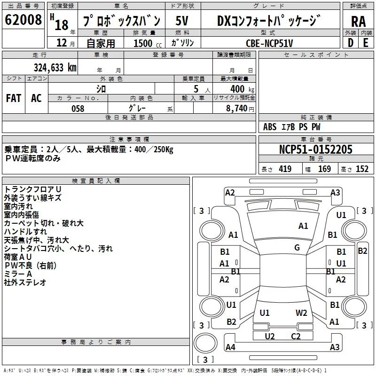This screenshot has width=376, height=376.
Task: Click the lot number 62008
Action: coord(23,20)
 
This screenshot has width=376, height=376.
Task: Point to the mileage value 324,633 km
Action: coord(55,67)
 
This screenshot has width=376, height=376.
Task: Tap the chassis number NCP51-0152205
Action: coord(315,149)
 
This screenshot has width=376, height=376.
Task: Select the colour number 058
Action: coord(78,109)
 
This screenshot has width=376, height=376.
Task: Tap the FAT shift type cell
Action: coord(13,98)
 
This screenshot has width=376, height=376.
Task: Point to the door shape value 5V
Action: coord(183,21)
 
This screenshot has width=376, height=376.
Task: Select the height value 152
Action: coord(362,169)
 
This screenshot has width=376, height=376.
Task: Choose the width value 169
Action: coord(324,169)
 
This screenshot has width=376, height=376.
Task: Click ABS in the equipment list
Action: coord(270,127)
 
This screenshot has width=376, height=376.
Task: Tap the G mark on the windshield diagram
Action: coord(297,248)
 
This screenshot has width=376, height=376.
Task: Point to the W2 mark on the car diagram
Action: coord(301,313)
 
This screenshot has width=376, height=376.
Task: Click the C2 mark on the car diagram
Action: coord(295,336)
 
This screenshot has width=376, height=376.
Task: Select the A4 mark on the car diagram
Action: coord(230,347)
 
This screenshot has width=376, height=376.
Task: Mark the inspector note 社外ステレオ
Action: coord(25,282)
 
